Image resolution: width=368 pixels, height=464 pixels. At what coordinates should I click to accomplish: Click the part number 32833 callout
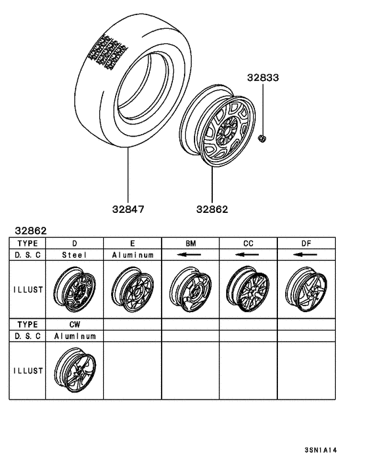pos(263,78)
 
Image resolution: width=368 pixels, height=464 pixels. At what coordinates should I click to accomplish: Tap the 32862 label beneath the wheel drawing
pos(212,210)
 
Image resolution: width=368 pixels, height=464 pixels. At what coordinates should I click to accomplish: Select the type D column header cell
pos(75,243)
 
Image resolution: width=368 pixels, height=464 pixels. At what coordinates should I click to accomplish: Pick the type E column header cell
pos(133,243)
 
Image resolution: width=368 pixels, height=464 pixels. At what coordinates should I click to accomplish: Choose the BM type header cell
pos(191,243)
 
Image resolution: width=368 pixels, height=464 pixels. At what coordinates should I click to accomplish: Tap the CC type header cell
pos(248,243)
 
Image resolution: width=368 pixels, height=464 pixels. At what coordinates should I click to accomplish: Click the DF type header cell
pos(306,243)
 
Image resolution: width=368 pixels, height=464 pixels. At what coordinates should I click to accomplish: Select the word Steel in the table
pos(75,254)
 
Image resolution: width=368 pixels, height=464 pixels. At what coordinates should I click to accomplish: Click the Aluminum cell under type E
pos(133,254)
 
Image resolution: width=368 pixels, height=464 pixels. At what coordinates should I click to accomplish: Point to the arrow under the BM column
pos(191,254)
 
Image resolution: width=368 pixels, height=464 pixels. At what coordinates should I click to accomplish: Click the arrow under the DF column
pos(306,254)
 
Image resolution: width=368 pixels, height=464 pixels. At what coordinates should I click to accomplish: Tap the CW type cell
pos(75,325)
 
